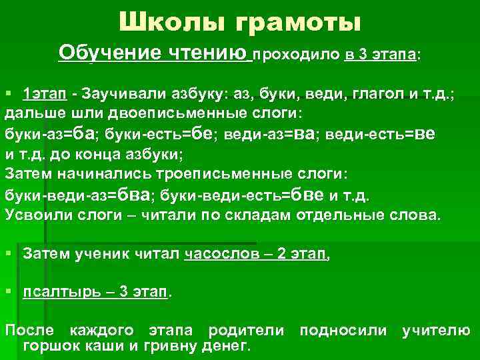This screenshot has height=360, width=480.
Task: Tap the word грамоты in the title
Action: click(x=296, y=23)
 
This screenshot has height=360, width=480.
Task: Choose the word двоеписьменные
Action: click(x=169, y=113)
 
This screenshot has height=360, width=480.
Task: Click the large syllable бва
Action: click(x=135, y=195)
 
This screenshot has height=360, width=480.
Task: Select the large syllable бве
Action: click(x=308, y=195)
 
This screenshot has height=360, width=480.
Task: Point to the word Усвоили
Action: click(x=34, y=215)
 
